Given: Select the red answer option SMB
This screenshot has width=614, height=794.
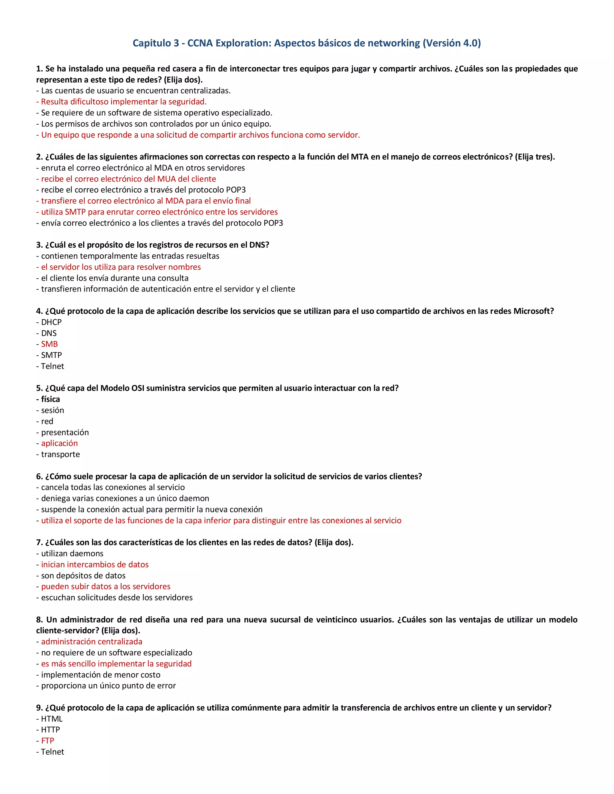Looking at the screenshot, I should pyautogui.click(x=49, y=344).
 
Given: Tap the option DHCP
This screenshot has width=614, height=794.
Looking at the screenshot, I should pyautogui.click(x=51, y=322).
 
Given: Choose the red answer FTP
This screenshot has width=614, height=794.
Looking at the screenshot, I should pyautogui.click(x=47, y=741).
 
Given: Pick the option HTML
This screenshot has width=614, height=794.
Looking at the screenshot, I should pyautogui.click(x=52, y=719).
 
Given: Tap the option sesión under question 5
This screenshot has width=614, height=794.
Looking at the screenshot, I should pyautogui.click(x=52, y=410).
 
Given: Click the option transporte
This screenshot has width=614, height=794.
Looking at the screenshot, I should pyautogui.click(x=60, y=455).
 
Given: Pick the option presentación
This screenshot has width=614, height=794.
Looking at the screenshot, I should pyautogui.click(x=65, y=432).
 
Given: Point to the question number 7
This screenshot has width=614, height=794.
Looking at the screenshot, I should pyautogui.click(x=39, y=542).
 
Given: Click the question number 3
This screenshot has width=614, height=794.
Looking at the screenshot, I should pyautogui.click(x=39, y=245).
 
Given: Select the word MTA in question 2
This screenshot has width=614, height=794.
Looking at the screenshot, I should pyautogui.click(x=359, y=157).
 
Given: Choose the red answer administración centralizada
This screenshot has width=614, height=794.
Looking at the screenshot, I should pyautogui.click(x=92, y=642).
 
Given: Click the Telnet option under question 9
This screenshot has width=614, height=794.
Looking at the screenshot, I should pyautogui.click(x=52, y=752).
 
